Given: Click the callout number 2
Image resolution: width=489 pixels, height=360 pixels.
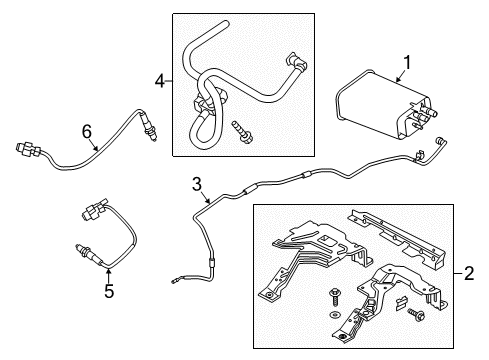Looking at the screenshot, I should [471, 272].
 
